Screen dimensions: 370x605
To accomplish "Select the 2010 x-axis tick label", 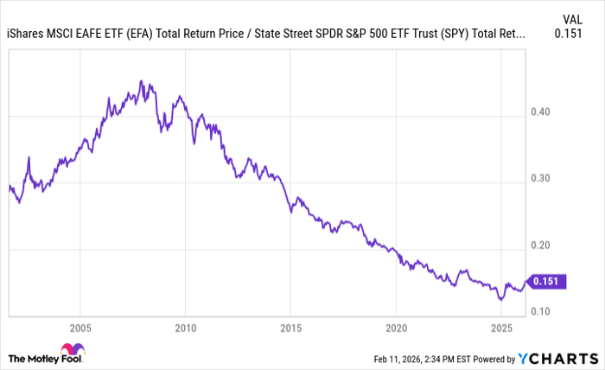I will point(185,329).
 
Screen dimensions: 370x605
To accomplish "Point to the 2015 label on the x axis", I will point(290,329).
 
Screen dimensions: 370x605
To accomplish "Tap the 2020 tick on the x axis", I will point(396,329).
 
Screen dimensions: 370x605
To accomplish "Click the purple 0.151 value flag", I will point(546,281).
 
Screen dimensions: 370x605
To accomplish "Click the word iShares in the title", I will point(25,35).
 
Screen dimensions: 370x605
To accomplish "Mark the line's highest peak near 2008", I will point(140,81).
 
